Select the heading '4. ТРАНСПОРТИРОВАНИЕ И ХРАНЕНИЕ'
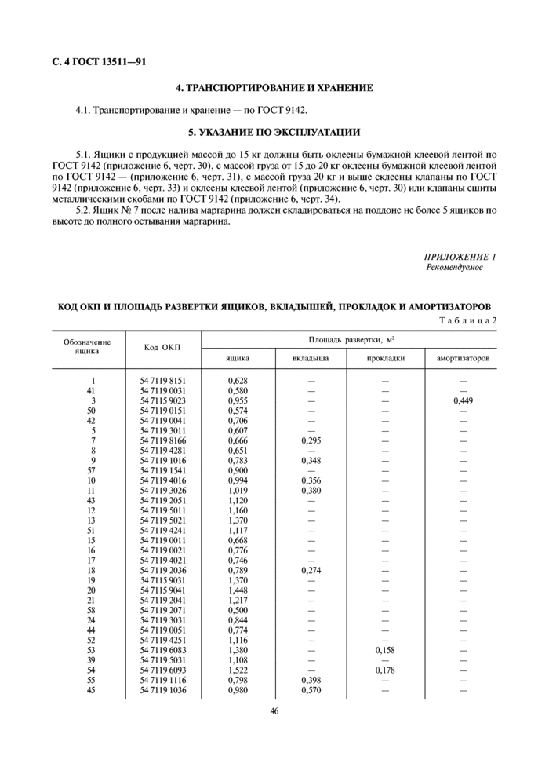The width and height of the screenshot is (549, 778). [274, 88]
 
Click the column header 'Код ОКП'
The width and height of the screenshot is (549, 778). [162, 348]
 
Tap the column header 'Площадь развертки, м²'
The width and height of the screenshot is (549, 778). [350, 339]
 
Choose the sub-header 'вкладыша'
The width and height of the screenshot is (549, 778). [311, 358]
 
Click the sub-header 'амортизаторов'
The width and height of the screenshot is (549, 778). [462, 358]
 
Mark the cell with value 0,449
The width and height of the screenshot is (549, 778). [463, 400]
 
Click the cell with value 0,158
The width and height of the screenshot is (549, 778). [385, 650]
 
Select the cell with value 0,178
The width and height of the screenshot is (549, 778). [385, 670]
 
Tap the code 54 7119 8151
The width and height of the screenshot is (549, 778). [163, 380]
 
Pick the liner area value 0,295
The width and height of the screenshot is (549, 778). [311, 440]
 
